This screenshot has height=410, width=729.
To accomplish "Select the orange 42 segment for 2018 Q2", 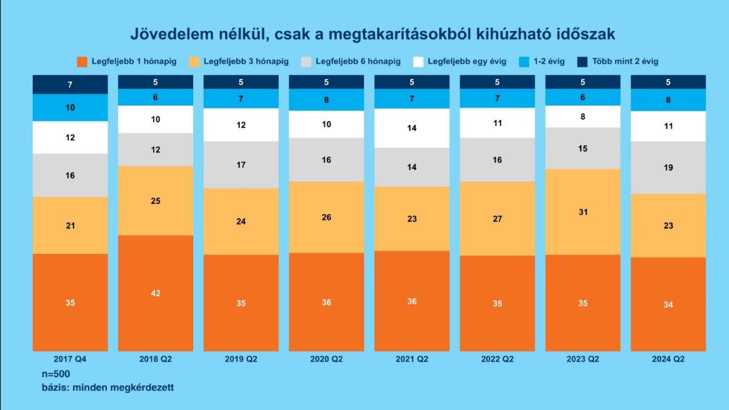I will [x=156, y=293].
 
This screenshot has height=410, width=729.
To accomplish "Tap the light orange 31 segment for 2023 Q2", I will [x=583, y=211].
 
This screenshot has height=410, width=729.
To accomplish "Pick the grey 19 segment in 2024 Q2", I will [x=668, y=168].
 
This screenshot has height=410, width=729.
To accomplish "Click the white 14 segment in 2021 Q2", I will [x=412, y=128].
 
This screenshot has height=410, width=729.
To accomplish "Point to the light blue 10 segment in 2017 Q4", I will [x=70, y=108].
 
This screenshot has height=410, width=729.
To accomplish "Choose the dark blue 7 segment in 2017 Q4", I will [x=70, y=84].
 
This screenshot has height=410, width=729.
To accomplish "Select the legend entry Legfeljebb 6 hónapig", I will [x=351, y=61].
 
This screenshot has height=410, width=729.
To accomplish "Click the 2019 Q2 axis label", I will [x=241, y=359].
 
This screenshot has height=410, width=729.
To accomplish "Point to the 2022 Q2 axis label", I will [x=497, y=359].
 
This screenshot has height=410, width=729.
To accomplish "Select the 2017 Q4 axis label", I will [x=70, y=359].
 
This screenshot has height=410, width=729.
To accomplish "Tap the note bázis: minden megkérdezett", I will [x=103, y=387].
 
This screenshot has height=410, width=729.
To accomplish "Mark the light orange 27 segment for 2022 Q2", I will [x=497, y=219].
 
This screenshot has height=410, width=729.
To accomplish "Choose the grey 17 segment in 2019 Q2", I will [x=241, y=165].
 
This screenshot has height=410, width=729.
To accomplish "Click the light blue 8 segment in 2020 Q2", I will [x=326, y=100].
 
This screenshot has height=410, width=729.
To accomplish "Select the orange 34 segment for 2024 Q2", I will [x=668, y=304].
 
